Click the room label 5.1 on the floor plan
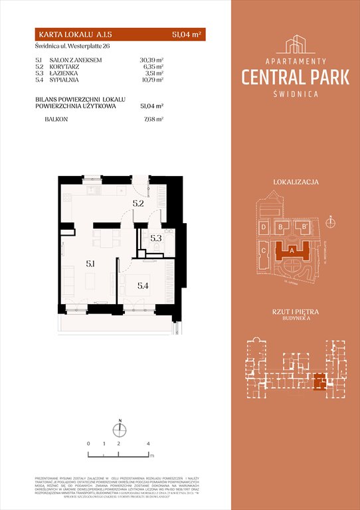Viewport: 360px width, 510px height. click(x=89, y=264)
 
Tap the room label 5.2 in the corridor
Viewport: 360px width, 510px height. click(x=137, y=204)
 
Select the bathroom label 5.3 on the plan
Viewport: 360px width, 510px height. click(x=155, y=238)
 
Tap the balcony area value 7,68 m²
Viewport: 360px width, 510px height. click(x=153, y=120)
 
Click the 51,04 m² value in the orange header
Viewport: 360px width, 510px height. click(x=188, y=33)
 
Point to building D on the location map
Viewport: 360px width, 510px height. click(x=264, y=227)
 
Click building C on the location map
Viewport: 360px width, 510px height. click(x=264, y=250)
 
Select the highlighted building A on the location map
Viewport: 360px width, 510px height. click(x=294, y=251)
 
